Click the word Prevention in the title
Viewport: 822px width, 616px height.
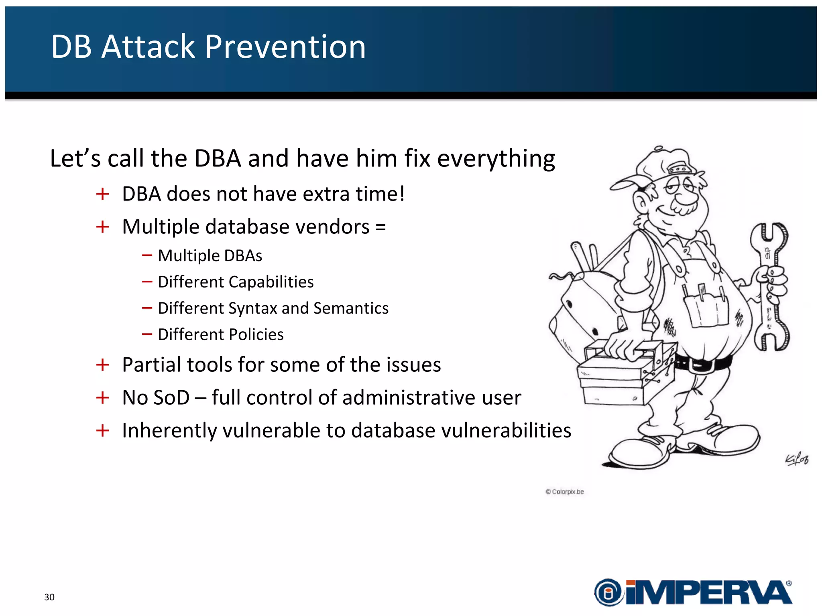(285, 47)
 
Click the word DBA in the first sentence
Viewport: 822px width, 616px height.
(218, 158)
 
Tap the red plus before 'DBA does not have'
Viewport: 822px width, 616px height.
(103, 194)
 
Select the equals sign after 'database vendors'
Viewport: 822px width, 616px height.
(380, 227)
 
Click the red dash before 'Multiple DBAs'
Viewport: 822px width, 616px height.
(147, 255)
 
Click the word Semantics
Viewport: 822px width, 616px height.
(351, 308)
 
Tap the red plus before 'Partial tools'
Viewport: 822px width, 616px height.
(103, 365)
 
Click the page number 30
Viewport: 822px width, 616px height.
(49, 597)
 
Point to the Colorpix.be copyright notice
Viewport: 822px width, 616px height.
(565, 492)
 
